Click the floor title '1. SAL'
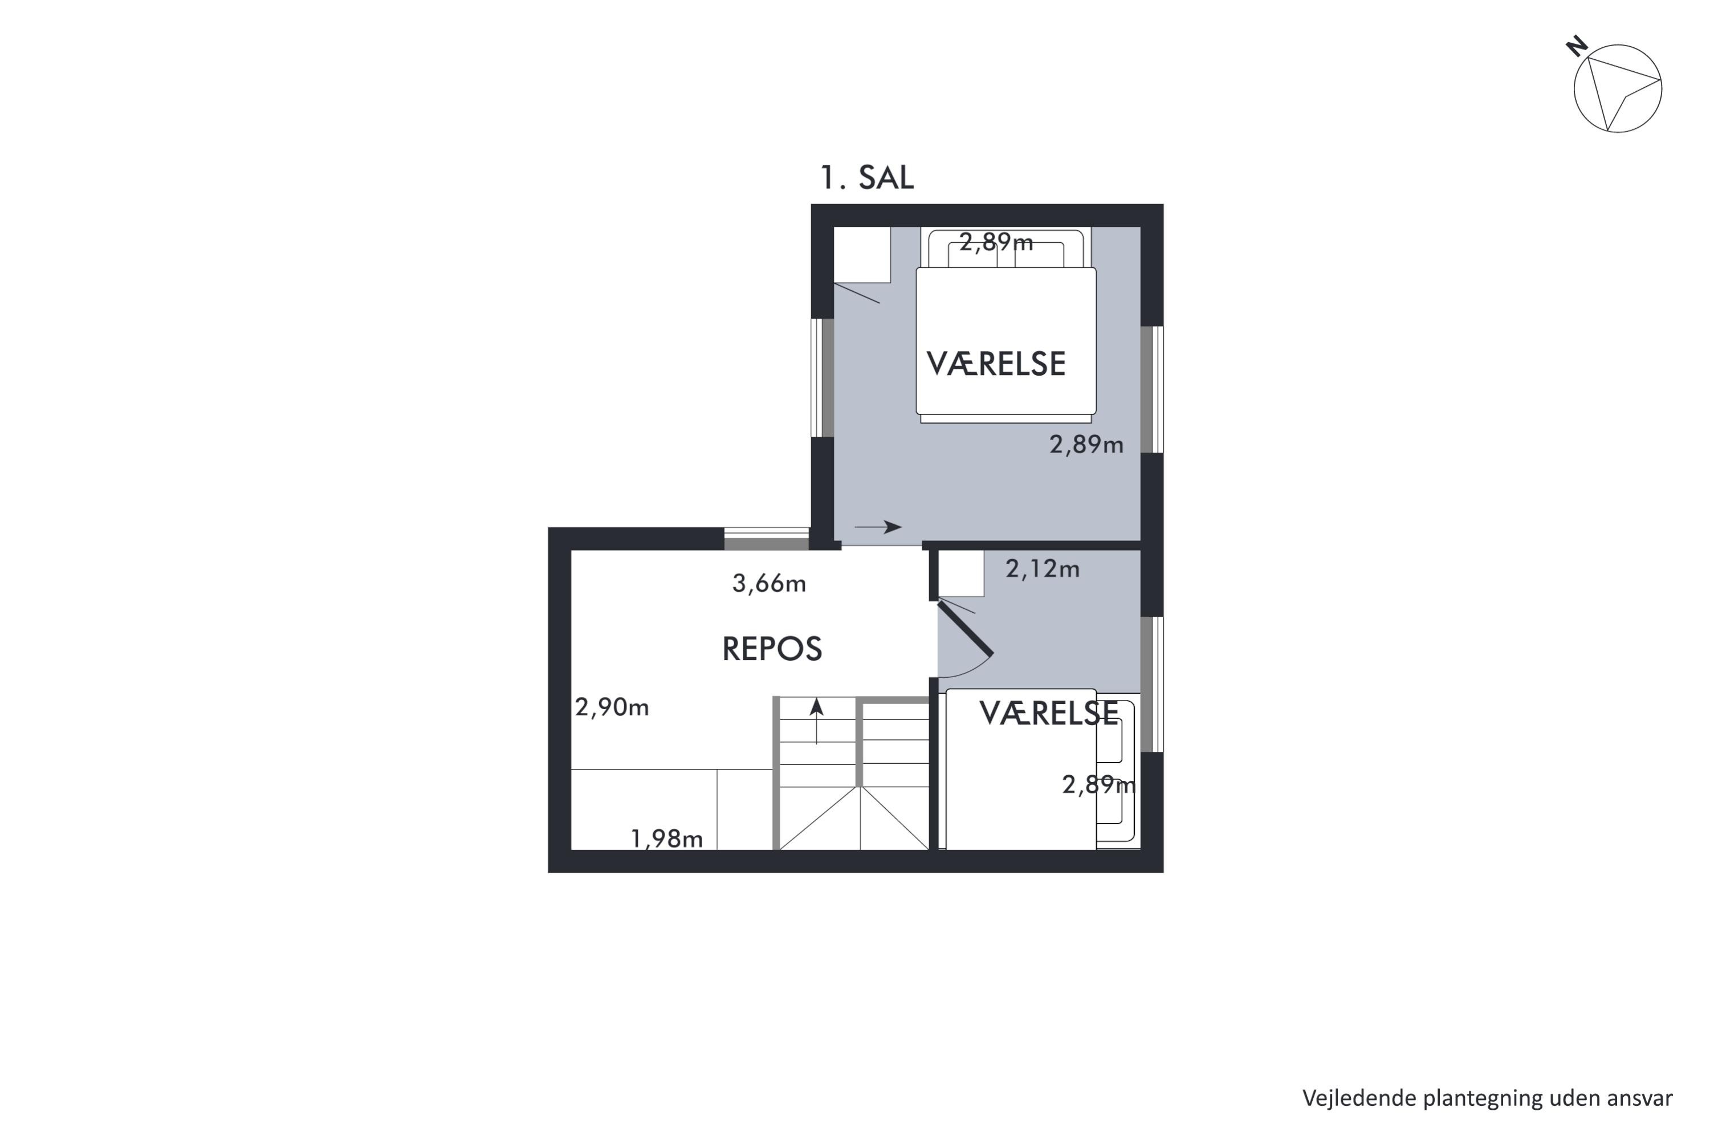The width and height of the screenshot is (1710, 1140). pyautogui.click(x=866, y=177)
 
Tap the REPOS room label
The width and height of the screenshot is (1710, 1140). pyautogui.click(x=772, y=649)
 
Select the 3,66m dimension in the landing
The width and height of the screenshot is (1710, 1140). pyautogui.click(x=769, y=583)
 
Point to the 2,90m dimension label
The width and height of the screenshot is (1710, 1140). pyautogui.click(x=612, y=707)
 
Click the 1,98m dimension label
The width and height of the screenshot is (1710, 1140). pyautogui.click(x=667, y=839)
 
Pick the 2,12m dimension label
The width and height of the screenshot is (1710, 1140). pyautogui.click(x=1043, y=568)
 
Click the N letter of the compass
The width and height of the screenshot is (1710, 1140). pyautogui.click(x=1576, y=47)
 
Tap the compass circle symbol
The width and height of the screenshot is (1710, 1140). pyautogui.click(x=1618, y=89)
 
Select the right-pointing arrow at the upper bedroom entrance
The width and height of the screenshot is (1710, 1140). pyautogui.click(x=878, y=527)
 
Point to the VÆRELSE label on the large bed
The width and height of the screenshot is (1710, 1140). pyautogui.click(x=996, y=364)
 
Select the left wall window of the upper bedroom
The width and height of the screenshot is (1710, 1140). pyautogui.click(x=823, y=378)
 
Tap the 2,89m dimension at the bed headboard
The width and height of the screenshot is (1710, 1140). pyautogui.click(x=996, y=242)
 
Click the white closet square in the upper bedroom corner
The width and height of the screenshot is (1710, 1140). pyautogui.click(x=862, y=254)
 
